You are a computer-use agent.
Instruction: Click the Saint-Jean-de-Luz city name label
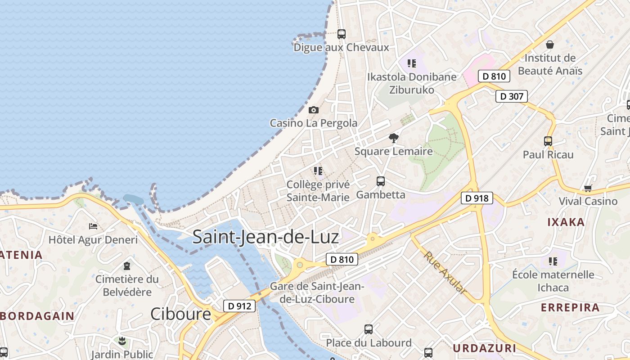pos(265,237)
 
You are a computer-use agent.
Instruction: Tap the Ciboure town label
pos(180,314)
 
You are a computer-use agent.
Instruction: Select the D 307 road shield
pos(511,96)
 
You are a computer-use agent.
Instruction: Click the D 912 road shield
pos(239,306)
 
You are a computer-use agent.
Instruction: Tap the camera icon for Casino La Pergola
pos(314,110)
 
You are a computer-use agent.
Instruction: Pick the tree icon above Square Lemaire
pos(394,138)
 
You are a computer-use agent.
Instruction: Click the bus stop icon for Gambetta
pos(381,181)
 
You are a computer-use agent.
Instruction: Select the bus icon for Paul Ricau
pos(548,141)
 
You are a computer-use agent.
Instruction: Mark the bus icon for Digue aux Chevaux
pos(342,34)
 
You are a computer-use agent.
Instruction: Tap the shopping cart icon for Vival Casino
pos(588,188)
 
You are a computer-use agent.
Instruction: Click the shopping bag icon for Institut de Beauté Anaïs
pos(549,45)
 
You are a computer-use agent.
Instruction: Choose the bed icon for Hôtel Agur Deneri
pos(93,226)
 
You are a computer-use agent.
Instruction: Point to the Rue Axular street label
pos(445,273)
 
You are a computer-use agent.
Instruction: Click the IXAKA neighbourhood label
pos(566,222)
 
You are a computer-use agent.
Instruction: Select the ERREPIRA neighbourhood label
pos(570,308)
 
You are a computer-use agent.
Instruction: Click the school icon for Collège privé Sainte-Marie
pos(318,171)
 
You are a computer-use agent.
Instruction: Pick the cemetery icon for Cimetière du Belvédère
pos(127,266)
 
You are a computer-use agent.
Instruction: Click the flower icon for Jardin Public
pos(122,341)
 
